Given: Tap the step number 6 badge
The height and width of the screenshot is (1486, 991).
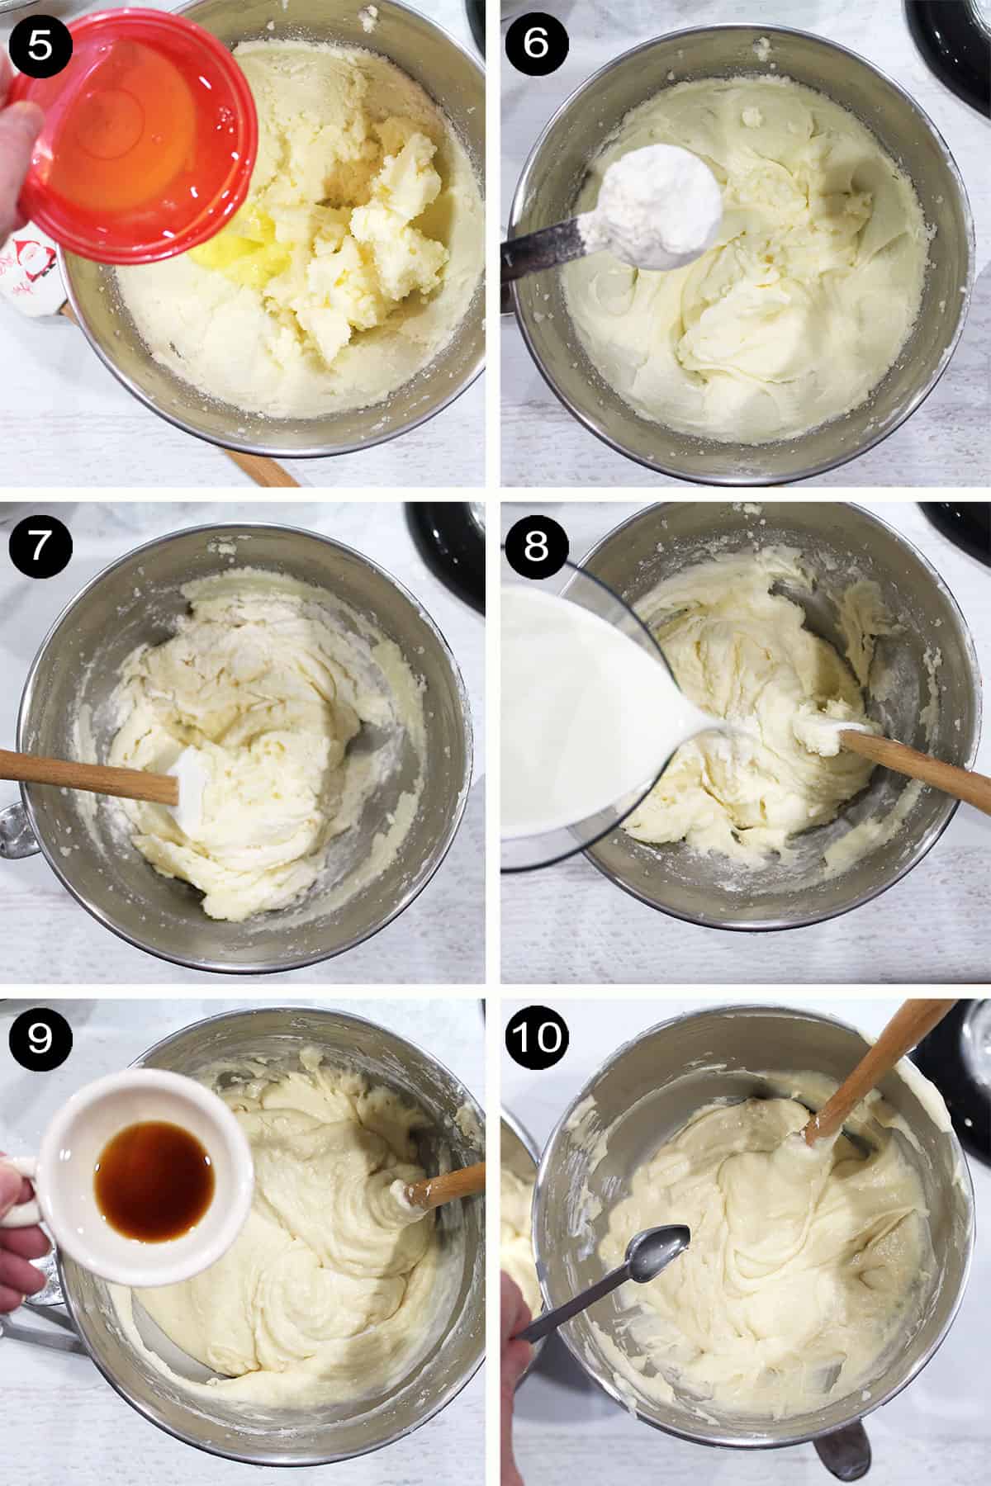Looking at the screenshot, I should [535, 44].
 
